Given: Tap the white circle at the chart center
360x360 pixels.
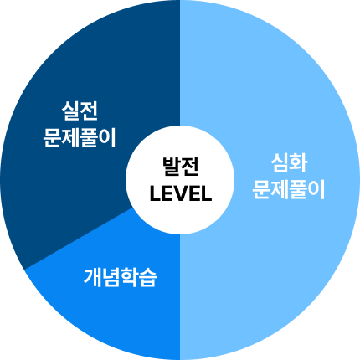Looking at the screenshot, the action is click(180, 180).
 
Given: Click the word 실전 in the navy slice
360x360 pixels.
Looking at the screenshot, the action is click(80, 111).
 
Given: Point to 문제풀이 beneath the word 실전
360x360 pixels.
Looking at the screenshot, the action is click(80, 137).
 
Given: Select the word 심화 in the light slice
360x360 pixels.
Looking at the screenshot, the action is click(289, 163).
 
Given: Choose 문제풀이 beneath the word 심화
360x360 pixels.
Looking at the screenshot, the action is click(289, 189).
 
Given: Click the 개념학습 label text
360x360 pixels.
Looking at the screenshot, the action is click(121, 278).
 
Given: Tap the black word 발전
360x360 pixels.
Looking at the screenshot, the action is click(181, 167).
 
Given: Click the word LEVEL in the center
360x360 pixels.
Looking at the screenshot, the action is click(181, 193).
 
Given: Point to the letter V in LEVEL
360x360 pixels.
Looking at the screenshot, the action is click(181, 193).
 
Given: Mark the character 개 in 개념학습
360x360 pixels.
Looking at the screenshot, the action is click(93, 278).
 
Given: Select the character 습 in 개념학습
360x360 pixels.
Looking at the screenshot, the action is click(148, 278).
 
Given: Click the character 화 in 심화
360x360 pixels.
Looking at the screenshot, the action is click(299, 163).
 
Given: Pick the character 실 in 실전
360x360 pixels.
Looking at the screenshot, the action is click(70, 111).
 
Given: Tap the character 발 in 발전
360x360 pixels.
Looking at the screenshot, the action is click(172, 167).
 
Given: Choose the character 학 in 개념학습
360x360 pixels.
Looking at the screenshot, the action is click(130, 278).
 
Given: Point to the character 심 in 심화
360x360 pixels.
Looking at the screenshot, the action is click(280, 163).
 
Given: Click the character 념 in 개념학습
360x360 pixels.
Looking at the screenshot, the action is click(111, 278).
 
